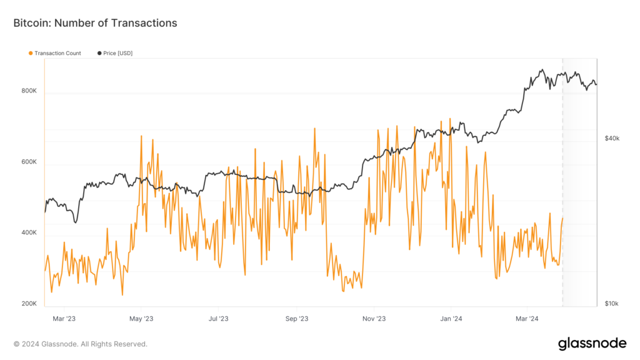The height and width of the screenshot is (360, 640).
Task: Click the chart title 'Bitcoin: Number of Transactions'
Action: coord(95,23)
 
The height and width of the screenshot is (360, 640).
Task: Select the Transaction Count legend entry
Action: coord(57,53)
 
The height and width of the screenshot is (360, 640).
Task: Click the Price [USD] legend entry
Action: coord(117,53)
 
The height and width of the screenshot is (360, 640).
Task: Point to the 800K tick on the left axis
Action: coord(29,91)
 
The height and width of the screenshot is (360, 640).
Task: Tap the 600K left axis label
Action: coord(29,162)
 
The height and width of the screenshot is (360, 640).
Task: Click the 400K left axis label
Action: coord(29,232)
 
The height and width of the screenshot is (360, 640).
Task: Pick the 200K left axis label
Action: coord(29,304)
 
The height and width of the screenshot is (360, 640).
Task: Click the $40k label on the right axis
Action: coord(612,138)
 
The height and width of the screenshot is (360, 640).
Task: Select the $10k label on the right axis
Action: coord(612,304)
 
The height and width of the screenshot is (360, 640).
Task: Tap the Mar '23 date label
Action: coord(64,319)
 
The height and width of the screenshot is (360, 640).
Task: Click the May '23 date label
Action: coord(141,319)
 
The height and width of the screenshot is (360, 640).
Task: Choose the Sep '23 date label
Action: coord(296,319)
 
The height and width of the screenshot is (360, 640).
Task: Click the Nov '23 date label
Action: coord(374,319)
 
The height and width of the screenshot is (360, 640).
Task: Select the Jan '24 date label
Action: coord(450,319)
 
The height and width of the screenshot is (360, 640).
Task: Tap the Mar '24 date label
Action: coord(526,319)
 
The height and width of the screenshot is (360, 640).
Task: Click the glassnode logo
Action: coord(592,343)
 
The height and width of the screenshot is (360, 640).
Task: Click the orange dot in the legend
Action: coord(31,53)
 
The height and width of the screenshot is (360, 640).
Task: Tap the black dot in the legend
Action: coord(99,53)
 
